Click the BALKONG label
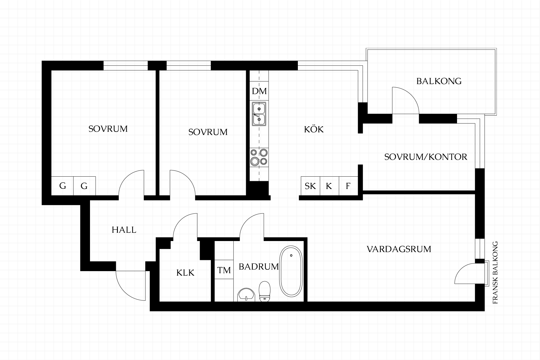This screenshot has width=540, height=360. tap(439, 81)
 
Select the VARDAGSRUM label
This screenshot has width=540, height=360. tap(399, 249)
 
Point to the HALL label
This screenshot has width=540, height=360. tap(124, 230)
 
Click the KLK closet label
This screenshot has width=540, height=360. tap(185, 273)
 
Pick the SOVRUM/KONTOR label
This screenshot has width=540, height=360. tap(426, 157)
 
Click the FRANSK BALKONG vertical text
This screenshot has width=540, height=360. tap(495, 273)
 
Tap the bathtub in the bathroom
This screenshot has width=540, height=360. tap(291, 271)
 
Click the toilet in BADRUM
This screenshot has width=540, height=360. tap(264, 291)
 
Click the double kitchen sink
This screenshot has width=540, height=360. tap(259, 114)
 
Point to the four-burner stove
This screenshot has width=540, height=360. tap(259, 157)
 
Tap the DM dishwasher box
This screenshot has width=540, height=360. tap(259, 91)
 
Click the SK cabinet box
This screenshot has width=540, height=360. tap(310, 186)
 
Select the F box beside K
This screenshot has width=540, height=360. tap(348, 186)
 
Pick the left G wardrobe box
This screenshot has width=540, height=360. tap(62, 186)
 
